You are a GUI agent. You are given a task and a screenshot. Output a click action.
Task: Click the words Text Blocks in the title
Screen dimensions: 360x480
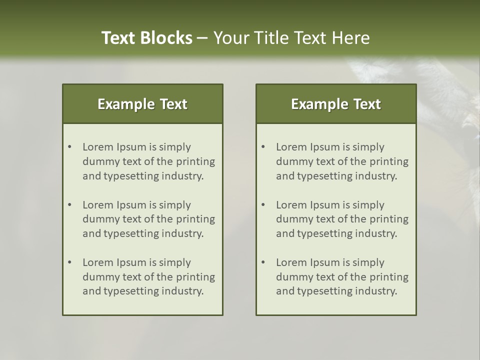point(146,38)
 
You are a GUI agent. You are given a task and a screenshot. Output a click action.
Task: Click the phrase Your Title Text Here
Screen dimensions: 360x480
point(291,38)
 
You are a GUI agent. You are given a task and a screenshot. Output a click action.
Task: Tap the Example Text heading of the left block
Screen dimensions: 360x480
point(142,104)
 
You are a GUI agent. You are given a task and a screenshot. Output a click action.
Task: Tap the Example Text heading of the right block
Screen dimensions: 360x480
point(336,104)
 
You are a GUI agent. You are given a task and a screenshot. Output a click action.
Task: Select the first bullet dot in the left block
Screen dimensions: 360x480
point(69,147)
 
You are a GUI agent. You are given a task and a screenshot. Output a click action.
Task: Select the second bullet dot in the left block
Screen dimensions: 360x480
point(69,205)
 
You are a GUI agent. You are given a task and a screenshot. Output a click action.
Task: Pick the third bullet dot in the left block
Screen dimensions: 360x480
point(69,262)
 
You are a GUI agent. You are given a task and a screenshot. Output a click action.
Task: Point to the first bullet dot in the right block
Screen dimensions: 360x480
point(263,147)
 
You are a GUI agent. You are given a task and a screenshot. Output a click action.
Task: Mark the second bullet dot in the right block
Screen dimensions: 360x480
point(263,205)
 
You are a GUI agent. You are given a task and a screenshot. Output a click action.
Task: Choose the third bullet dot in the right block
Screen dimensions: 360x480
point(263,262)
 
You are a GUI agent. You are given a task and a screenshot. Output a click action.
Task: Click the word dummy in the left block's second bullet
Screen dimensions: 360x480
point(99,219)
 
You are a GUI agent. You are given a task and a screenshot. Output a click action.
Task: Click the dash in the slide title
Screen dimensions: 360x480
point(202,38)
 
